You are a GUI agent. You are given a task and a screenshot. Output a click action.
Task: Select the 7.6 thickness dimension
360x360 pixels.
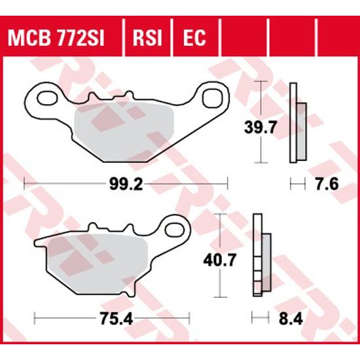coord(325,184)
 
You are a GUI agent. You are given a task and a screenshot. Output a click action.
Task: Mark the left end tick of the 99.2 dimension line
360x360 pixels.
coord(24,184)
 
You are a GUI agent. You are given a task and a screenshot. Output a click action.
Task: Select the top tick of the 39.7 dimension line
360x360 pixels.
coord(262,82)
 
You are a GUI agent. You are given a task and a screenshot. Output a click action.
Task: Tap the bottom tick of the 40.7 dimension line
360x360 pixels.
coord(223,297)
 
